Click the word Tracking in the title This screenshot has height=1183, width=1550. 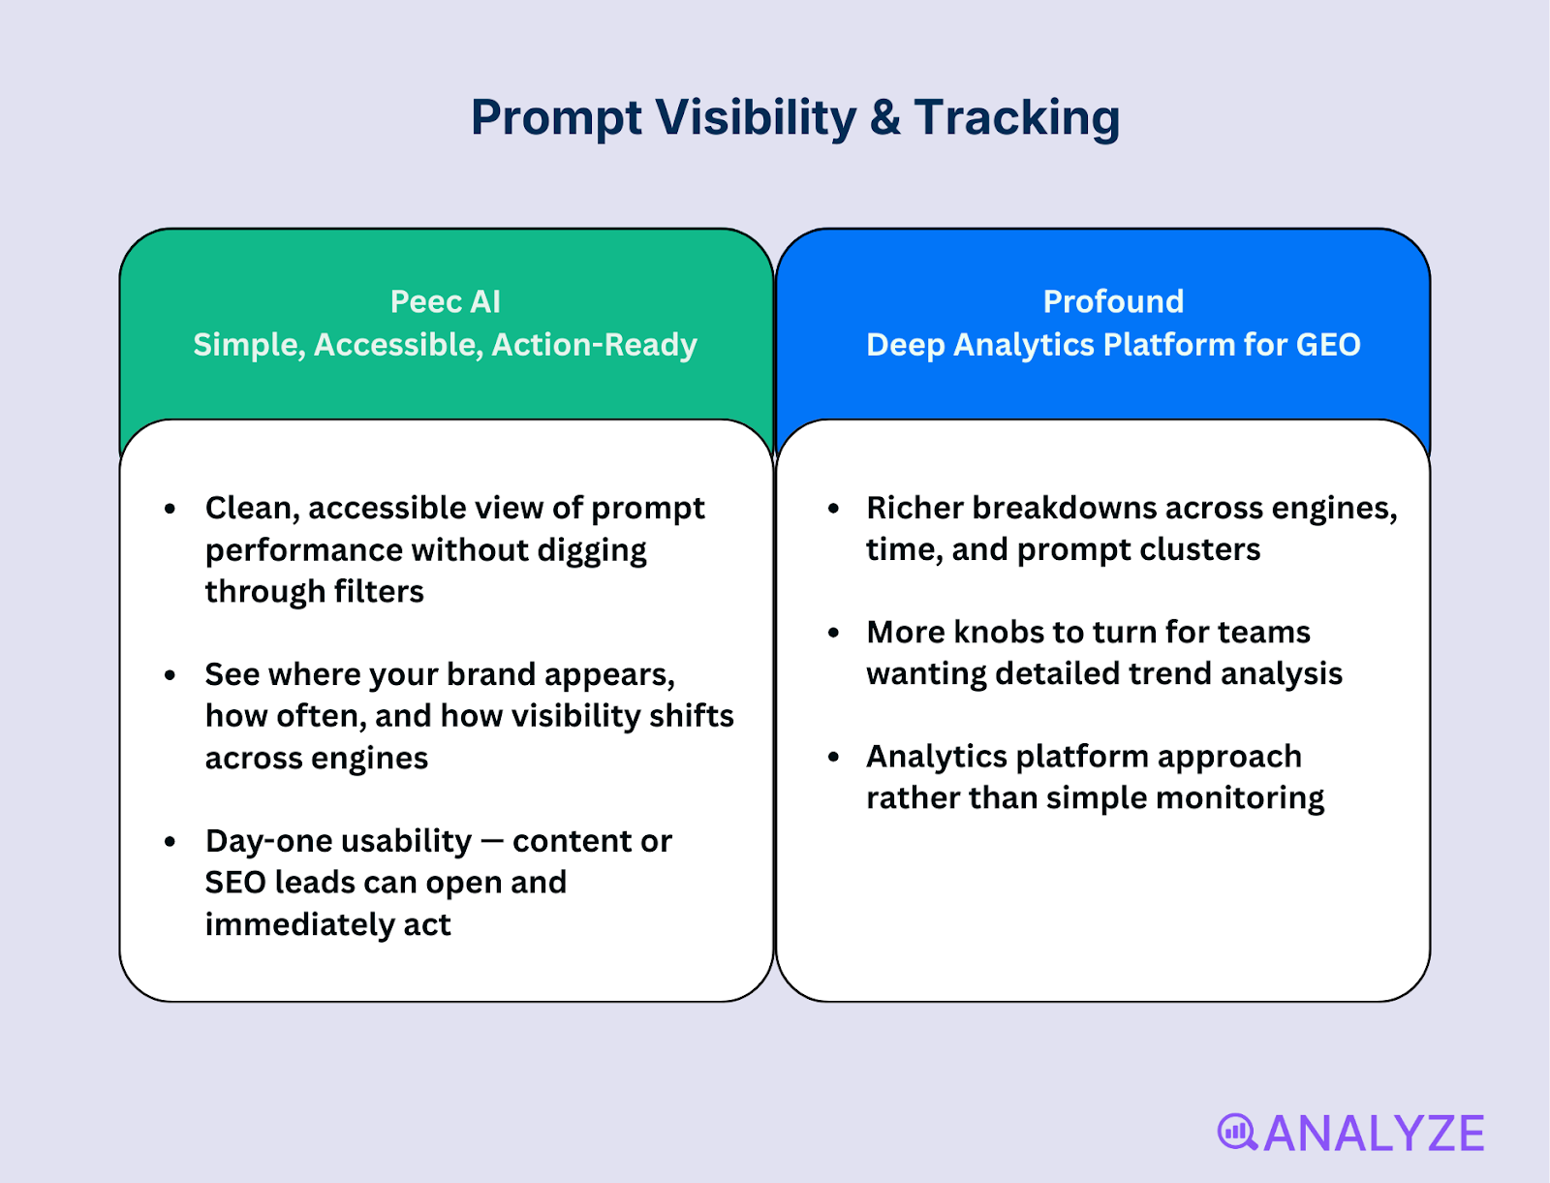(x=1016, y=118)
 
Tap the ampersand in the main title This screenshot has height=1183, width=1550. (x=884, y=118)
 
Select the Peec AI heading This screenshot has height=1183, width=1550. (x=445, y=301)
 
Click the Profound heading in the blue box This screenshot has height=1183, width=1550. (x=1113, y=301)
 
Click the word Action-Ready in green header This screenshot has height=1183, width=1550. (x=594, y=345)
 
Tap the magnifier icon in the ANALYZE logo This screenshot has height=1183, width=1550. (x=1237, y=1132)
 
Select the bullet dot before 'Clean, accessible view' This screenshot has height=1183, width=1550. (x=170, y=509)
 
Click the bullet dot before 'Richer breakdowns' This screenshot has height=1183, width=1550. (x=833, y=509)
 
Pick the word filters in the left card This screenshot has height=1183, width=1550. (x=379, y=592)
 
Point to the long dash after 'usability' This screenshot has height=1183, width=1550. (x=492, y=842)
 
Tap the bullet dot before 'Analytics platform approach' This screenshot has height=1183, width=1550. (x=833, y=757)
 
